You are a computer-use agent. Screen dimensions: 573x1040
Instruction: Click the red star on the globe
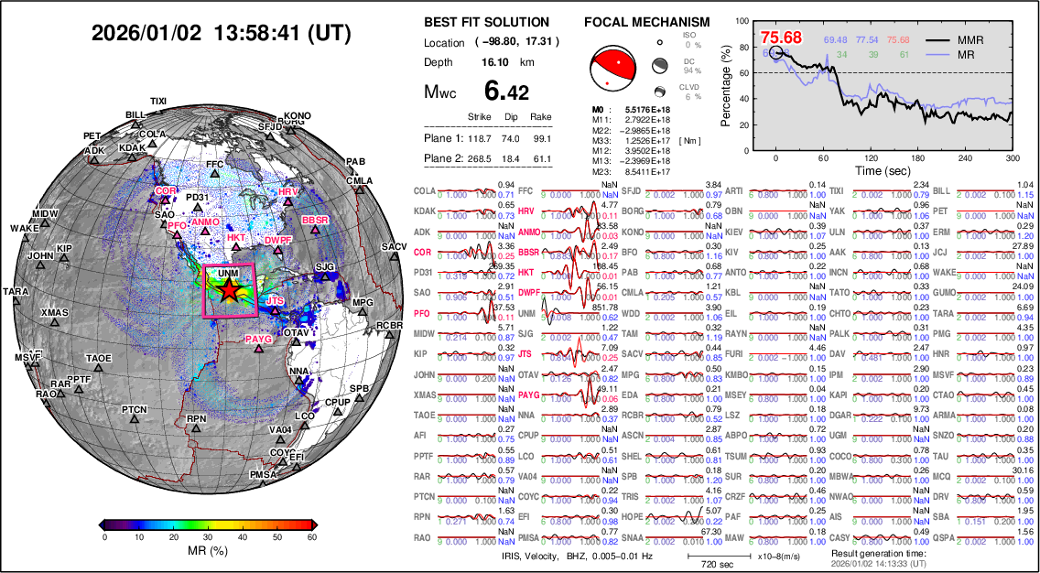[229, 290]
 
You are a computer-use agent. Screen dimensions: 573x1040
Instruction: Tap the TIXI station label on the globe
[159, 101]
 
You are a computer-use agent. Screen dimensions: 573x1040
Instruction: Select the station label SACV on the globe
[395, 247]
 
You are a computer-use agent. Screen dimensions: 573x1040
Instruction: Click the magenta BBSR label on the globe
[315, 221]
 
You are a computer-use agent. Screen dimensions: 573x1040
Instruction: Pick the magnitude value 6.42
[505, 92]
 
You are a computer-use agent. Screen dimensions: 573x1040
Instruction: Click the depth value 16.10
[495, 62]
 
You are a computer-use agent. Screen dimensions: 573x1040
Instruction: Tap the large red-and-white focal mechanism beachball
[614, 70]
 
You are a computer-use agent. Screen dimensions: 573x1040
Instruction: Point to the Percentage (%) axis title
[726, 84]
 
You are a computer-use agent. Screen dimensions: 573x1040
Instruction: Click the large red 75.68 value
[780, 38]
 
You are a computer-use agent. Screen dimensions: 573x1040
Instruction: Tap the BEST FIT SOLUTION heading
[487, 22]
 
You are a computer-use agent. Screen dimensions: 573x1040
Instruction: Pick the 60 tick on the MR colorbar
[312, 537]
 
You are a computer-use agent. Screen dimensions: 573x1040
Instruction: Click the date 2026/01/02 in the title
[146, 34]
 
